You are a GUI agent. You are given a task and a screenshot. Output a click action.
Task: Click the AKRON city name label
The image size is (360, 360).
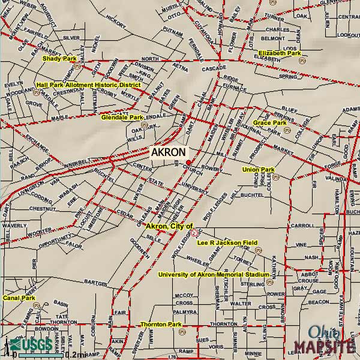(168, 152)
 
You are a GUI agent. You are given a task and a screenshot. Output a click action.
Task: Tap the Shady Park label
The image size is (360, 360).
(59, 59)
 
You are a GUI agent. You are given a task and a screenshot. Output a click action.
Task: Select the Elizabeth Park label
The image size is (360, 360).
(280, 53)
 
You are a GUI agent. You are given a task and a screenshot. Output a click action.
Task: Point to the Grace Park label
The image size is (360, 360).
(269, 123)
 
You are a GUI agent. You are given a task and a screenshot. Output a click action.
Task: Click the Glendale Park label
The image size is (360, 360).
(122, 117)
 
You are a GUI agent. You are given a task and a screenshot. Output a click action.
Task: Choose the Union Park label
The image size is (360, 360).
(258, 170)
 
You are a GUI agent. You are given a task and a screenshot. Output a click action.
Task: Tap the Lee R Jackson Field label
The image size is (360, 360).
(227, 242)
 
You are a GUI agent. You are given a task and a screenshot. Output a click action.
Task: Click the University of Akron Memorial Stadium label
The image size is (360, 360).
(214, 275)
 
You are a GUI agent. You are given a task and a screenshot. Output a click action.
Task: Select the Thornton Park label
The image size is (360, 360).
(160, 325)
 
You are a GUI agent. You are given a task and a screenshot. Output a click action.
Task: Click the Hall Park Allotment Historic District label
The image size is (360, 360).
(88, 85)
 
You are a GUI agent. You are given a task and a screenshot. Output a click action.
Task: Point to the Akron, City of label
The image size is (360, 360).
(170, 226)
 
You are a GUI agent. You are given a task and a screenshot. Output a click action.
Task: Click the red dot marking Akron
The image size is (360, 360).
(188, 163)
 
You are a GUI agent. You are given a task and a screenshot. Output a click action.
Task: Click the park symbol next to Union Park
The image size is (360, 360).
(275, 176)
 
